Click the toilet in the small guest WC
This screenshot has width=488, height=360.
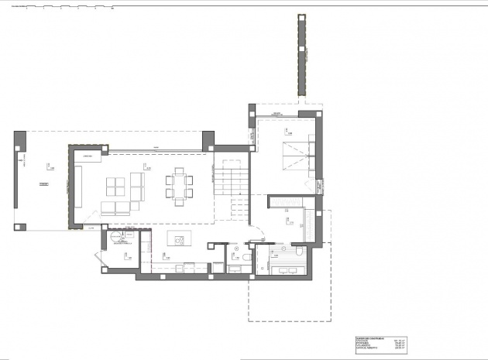click(246, 256)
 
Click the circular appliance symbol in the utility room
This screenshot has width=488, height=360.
click(115, 238)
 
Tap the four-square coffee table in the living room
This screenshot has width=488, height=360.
click(115, 187)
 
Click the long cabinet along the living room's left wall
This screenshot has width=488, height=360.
click(78, 188)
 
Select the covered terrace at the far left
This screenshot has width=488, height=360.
click(43, 183)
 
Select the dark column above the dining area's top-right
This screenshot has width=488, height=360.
click(208, 141)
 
